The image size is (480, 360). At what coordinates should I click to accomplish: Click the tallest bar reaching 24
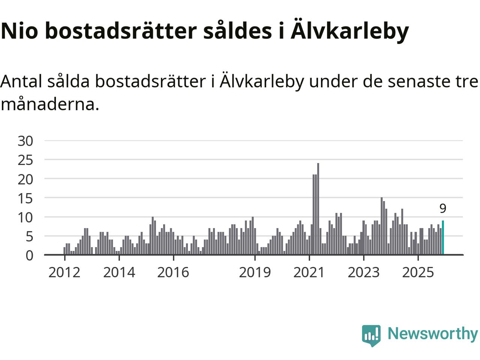pyautogui.click(x=318, y=209)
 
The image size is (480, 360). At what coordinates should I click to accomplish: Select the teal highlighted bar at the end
pyautogui.click(x=443, y=238)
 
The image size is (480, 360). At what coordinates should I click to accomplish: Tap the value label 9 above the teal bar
pyautogui.click(x=443, y=208)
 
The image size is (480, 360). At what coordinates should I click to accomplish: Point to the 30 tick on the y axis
pyautogui.click(x=25, y=141)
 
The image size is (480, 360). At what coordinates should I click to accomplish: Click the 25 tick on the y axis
pyautogui.click(x=25, y=160)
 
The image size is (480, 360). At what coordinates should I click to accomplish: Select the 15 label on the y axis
pyautogui.click(x=25, y=198)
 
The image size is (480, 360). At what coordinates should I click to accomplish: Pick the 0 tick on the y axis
pyautogui.click(x=29, y=255)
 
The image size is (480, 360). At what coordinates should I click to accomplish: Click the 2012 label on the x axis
pyautogui.click(x=64, y=272)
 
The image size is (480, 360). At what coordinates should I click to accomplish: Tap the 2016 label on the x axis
pyautogui.click(x=173, y=272)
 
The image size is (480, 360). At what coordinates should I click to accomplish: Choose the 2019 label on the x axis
pyautogui.click(x=255, y=272)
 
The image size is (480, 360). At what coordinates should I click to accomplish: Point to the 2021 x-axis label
pyautogui.click(x=309, y=272)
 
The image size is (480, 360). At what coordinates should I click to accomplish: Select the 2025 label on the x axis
pyautogui.click(x=418, y=272)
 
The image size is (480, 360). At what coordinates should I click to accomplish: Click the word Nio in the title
pyautogui.click(x=19, y=31)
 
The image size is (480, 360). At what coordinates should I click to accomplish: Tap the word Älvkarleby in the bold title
pyautogui.click(x=349, y=31)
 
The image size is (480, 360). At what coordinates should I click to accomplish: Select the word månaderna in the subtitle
pyautogui.click(x=49, y=104)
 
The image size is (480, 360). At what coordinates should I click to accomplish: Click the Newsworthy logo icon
pyautogui.click(x=371, y=335)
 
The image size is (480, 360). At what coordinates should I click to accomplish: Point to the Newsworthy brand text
pyautogui.click(x=433, y=333)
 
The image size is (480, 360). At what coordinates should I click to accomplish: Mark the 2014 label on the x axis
pyautogui.click(x=119, y=272)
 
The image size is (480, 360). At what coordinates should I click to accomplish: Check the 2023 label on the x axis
pyautogui.click(x=363, y=272)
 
